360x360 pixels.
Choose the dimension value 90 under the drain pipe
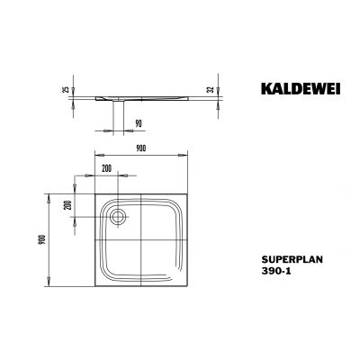[x=138, y=123]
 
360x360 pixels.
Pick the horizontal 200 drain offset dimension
[x=107, y=169]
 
